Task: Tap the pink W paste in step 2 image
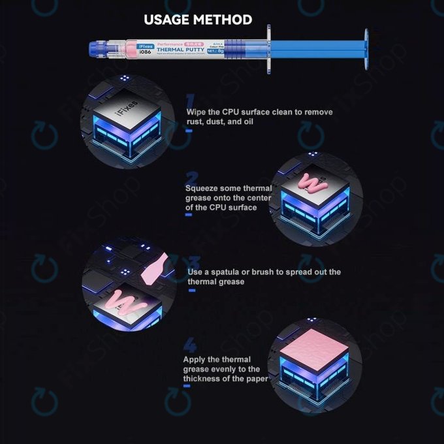pyautogui.click(x=312, y=183)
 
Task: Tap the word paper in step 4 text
pyautogui.click(x=255, y=379)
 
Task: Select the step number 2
pyautogui.click(x=191, y=178)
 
